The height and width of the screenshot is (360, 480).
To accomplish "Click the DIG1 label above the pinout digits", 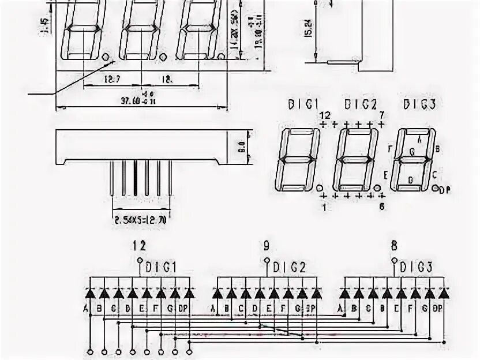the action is (x=303, y=104).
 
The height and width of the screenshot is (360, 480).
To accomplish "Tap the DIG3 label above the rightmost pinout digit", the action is (x=419, y=104).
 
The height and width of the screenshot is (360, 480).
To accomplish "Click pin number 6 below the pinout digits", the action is (x=381, y=206).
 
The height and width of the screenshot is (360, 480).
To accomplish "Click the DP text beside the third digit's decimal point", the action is (x=444, y=190).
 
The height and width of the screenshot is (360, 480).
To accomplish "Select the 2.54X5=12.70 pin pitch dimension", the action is (x=140, y=220).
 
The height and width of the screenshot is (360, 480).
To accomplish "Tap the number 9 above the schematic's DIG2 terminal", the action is (x=266, y=245).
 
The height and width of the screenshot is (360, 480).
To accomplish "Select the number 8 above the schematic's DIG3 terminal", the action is (x=394, y=245).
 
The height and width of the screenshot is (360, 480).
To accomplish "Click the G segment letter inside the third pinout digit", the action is (x=411, y=151).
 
